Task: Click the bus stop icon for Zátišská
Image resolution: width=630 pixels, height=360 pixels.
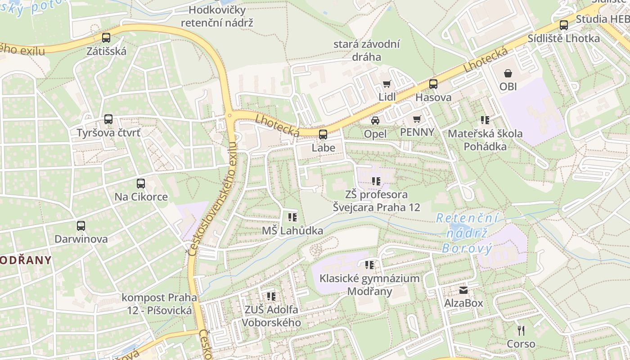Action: pyautogui.click(x=106, y=38)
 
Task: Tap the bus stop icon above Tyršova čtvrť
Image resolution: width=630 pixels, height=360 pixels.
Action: pyautogui.click(x=108, y=119)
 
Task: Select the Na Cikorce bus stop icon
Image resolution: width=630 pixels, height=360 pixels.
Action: pyautogui.click(x=141, y=183)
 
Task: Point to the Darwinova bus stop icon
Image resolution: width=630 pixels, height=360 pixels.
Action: pyautogui.click(x=81, y=225)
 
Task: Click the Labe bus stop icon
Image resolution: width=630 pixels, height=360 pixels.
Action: pyautogui.click(x=323, y=134)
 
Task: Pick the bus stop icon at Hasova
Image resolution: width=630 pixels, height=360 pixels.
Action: pyautogui.click(x=433, y=84)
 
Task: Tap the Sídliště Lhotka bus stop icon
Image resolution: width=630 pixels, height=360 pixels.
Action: pyautogui.click(x=564, y=25)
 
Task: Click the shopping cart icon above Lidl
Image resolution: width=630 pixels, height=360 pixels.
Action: pyautogui.click(x=387, y=84)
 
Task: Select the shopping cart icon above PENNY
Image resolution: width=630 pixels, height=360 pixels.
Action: pyautogui.click(x=417, y=119)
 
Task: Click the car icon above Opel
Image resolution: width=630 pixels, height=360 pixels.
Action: pyautogui.click(x=375, y=120)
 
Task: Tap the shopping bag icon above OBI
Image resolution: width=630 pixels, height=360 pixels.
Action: pyautogui.click(x=508, y=73)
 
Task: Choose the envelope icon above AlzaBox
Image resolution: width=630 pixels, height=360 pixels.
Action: pyautogui.click(x=463, y=290)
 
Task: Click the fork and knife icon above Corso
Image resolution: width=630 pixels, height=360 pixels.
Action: pyautogui.click(x=521, y=331)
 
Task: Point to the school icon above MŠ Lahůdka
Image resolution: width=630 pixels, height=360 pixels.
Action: pyautogui.click(x=292, y=217)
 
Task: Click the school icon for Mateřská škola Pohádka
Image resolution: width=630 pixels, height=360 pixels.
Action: pyautogui.click(x=485, y=120)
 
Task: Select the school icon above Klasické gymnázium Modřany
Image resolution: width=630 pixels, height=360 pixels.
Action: pyautogui.click(x=369, y=265)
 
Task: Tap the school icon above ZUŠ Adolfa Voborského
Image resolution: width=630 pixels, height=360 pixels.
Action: pyautogui.click(x=271, y=296)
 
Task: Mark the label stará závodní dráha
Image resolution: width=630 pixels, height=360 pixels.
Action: pyautogui.click(x=367, y=50)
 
